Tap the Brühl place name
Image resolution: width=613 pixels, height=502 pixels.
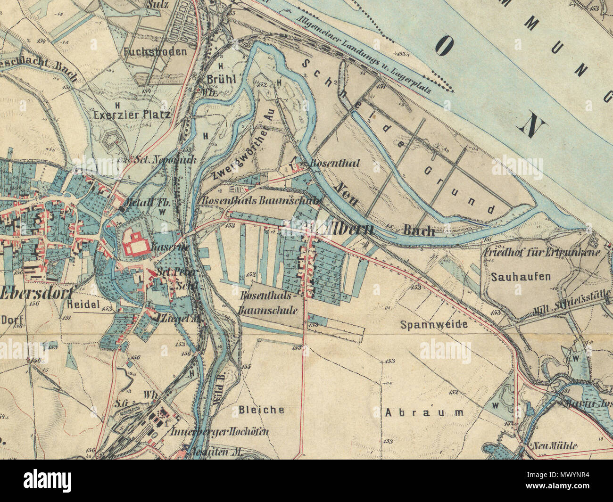pos(221,79)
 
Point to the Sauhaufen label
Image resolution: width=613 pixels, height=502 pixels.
pos(520,276)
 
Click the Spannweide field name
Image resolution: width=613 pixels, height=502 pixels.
pos(433,324)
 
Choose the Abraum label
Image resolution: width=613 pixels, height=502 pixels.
pos(424,412)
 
